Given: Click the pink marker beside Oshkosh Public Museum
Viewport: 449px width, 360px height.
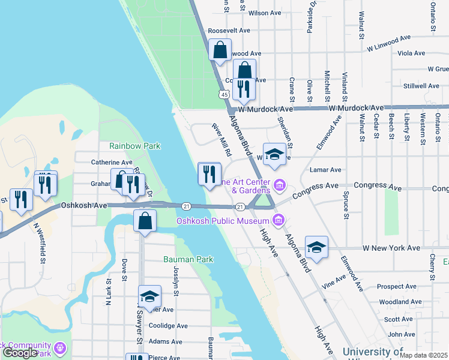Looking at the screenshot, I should (277, 222).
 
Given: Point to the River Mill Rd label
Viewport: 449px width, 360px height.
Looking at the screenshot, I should (221, 140).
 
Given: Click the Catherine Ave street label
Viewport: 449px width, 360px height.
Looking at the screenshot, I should (111, 162).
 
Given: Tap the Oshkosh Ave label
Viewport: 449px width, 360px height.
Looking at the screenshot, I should (83, 205).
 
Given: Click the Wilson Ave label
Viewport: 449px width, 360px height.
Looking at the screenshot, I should (265, 13).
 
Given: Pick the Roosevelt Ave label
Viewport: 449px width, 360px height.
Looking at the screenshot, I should (228, 31).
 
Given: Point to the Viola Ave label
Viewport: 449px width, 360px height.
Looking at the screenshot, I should (412, 53).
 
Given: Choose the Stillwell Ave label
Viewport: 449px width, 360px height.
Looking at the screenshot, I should (422, 86).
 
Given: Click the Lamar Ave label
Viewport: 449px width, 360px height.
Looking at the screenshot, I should (325, 170).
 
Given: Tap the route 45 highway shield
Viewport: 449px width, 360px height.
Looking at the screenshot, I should (224, 94).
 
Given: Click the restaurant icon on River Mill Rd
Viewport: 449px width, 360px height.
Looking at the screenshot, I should (209, 175).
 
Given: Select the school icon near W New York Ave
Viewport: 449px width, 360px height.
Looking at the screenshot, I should (316, 247).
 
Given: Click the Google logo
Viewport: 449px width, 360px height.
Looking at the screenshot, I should (20, 353).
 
